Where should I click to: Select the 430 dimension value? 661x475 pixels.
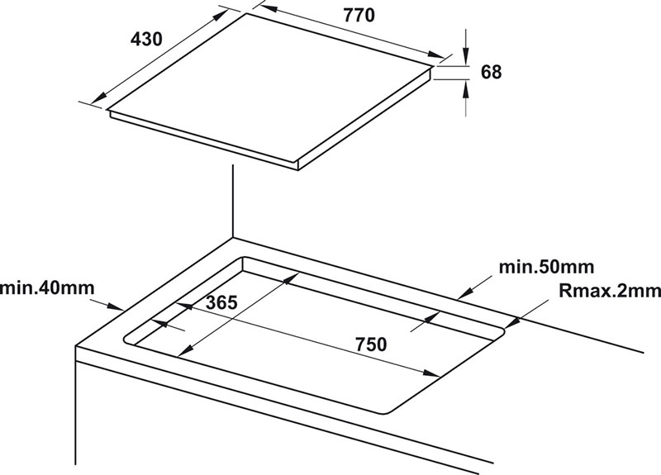point(145,40)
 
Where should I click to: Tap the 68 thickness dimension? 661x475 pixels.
point(491,72)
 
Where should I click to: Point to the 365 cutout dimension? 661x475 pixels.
point(221,302)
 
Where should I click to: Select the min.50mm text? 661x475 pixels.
point(546,267)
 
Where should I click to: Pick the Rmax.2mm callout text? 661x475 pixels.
point(610,290)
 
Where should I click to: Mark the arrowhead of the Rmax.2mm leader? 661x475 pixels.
point(511,322)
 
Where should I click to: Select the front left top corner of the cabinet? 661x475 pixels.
point(77,348)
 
